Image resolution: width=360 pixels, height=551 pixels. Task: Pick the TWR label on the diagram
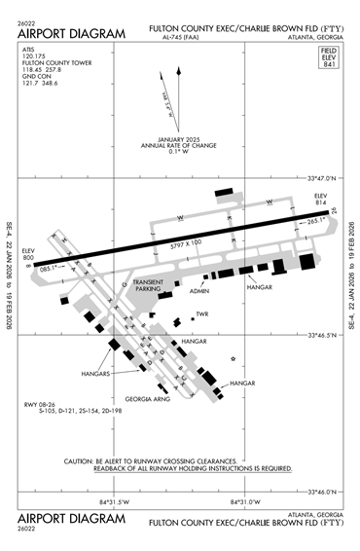(202, 313)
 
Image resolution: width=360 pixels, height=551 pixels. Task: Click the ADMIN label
(199, 290)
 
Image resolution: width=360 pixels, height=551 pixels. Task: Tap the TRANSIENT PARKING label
(149, 285)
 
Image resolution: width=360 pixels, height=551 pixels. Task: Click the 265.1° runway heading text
(315, 221)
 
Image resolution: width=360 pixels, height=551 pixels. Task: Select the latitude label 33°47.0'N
(320, 179)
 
